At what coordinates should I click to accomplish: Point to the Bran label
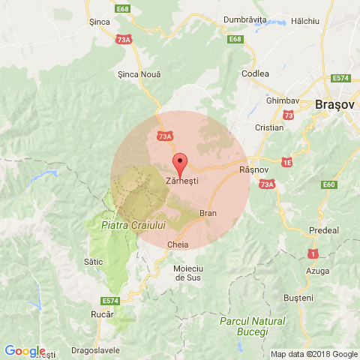[x=208, y=214]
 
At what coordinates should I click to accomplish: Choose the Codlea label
[x=255, y=73]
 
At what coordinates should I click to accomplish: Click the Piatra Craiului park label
[x=123, y=224]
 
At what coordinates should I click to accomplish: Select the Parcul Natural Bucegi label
[x=253, y=325]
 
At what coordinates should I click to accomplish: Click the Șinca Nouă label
[x=139, y=73]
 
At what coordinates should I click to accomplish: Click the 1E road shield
[x=287, y=161]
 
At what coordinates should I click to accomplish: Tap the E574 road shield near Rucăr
[x=111, y=301]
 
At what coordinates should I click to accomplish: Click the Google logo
[x=24, y=351]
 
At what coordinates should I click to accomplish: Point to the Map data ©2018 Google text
[x=314, y=355]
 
